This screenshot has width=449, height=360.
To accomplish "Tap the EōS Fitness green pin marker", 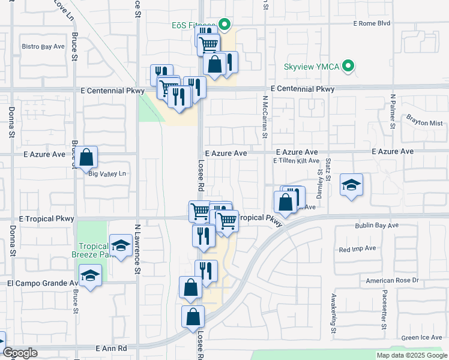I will click(x=224, y=25).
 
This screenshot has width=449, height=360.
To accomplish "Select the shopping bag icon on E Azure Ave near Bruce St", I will click(x=86, y=158).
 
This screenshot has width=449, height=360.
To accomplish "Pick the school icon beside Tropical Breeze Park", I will click(x=121, y=245).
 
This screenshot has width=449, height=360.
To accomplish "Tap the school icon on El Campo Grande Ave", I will click(x=90, y=275).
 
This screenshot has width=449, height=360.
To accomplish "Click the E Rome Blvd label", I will click(x=372, y=23).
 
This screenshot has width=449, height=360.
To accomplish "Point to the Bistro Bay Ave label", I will click(x=43, y=46).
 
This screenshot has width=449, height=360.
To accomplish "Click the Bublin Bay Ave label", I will click(x=376, y=226).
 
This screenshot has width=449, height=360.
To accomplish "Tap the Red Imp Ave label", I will click(x=357, y=248).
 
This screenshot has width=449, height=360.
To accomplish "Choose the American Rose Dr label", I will click(x=392, y=280).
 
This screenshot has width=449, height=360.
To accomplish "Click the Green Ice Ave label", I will click(x=422, y=338).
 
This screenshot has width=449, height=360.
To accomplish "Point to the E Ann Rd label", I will click(x=112, y=348).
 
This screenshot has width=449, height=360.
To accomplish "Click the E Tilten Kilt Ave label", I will click(x=296, y=161).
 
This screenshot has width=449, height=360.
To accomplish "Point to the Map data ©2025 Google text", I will click(x=411, y=355).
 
